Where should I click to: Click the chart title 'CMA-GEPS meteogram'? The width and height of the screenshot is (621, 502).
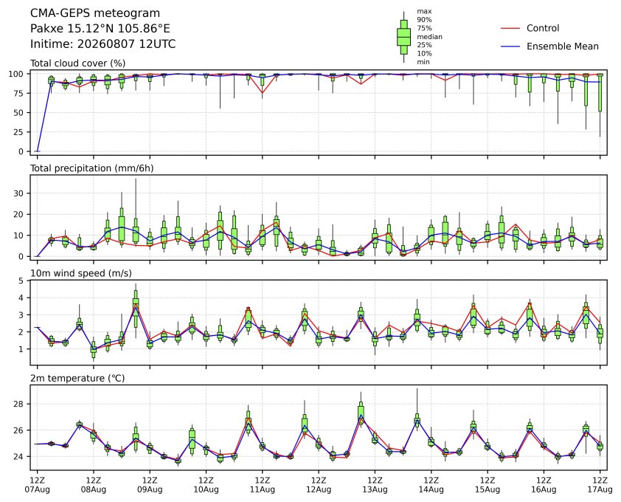pos(95,13)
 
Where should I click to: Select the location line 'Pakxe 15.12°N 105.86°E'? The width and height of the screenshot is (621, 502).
pos(100,29)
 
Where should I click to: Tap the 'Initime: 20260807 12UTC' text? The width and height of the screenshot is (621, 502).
pos(103,44)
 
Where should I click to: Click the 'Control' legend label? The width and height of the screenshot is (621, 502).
pos(543,28)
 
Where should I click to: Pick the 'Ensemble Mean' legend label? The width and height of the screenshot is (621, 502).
pos(563,47)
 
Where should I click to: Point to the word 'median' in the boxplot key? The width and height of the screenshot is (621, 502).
pos(429,36)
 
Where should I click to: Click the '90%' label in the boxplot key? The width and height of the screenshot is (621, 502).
pos(424,19)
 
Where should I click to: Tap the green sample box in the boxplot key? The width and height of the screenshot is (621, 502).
pos(403,37)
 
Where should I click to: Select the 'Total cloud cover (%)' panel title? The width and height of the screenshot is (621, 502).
pos(78,63)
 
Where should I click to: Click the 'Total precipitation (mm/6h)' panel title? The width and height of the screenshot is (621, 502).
pos(92,168)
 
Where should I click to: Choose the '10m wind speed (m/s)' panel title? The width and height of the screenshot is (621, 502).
pos(81,273)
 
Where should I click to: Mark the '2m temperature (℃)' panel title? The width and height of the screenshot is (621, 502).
pos(77,378)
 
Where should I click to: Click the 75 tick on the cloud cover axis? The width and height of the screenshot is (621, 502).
pos(19,93)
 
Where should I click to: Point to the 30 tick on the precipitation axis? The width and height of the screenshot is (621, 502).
pos(19,193)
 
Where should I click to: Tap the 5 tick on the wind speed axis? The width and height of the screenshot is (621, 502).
pos(21,281)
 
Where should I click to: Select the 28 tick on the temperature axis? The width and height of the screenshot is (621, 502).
pos(19,404)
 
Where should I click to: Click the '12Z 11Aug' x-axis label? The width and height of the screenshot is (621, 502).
pos(262,485)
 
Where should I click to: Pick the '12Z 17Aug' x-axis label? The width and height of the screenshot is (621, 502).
pos(600,485)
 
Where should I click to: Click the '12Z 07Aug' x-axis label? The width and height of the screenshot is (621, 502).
pos(37,485)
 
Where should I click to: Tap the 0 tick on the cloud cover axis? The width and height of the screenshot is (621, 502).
pos(21,151)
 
